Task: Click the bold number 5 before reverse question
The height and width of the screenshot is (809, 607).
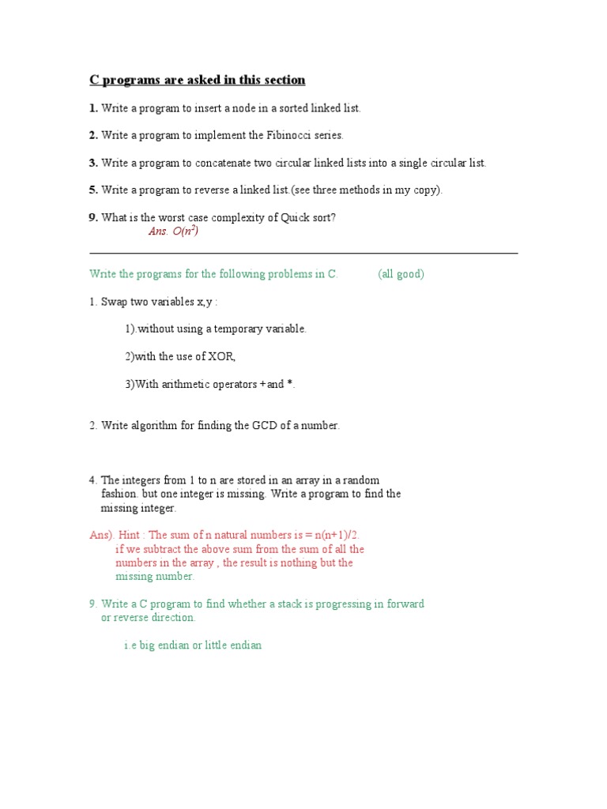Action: (x=92, y=190)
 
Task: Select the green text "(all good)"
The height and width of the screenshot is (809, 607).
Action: (x=401, y=274)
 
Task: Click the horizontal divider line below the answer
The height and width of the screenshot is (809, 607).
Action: (x=303, y=253)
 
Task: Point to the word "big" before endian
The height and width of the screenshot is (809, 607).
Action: (x=147, y=645)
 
